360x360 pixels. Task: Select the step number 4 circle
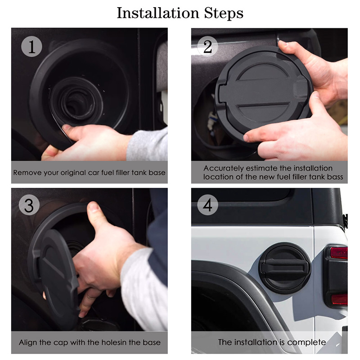(x=207, y=206)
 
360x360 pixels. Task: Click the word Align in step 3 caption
(x=28, y=342)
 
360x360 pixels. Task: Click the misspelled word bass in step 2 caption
(x=334, y=177)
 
